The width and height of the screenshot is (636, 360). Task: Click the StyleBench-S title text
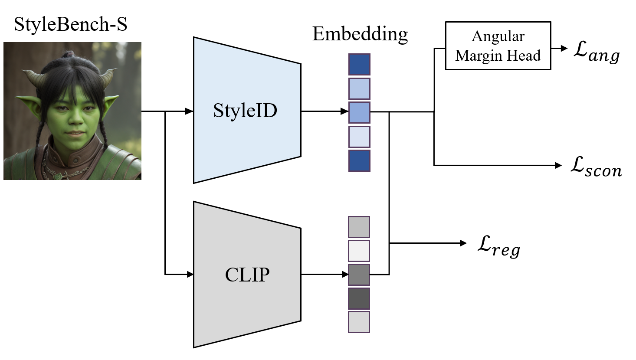point(71,24)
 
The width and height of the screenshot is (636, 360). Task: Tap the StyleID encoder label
point(245,111)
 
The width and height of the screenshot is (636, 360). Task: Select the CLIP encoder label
point(247,275)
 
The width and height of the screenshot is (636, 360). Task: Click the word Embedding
point(360,34)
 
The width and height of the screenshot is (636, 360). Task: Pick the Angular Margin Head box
point(498,46)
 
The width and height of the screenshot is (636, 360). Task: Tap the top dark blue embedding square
point(359,65)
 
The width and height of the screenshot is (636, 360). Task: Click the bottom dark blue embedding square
point(359,160)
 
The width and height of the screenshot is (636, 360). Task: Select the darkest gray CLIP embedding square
point(359,298)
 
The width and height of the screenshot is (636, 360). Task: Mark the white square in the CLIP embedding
point(359,251)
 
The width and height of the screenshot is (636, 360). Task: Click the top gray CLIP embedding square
point(359,227)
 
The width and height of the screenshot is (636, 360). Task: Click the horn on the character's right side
point(106,78)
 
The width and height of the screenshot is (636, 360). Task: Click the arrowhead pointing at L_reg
point(463,243)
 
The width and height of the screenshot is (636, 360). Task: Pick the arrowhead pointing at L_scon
point(558,165)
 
